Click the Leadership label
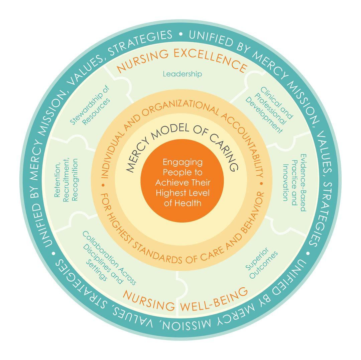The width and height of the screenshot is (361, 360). (x=182, y=74)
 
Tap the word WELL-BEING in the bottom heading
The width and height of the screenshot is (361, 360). (x=214, y=297)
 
